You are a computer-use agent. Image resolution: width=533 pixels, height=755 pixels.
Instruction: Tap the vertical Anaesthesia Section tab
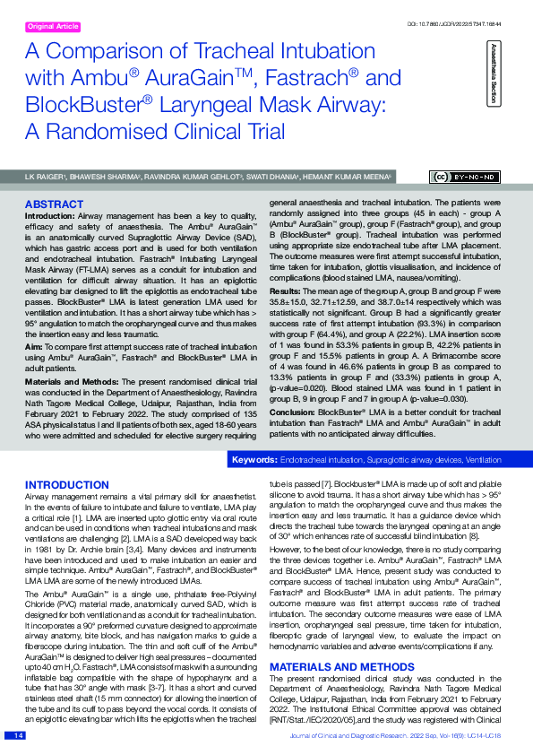(491, 73)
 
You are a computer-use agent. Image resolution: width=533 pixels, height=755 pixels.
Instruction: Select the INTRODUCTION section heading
(66, 484)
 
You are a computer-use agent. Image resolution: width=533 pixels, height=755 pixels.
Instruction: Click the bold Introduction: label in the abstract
(48, 217)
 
